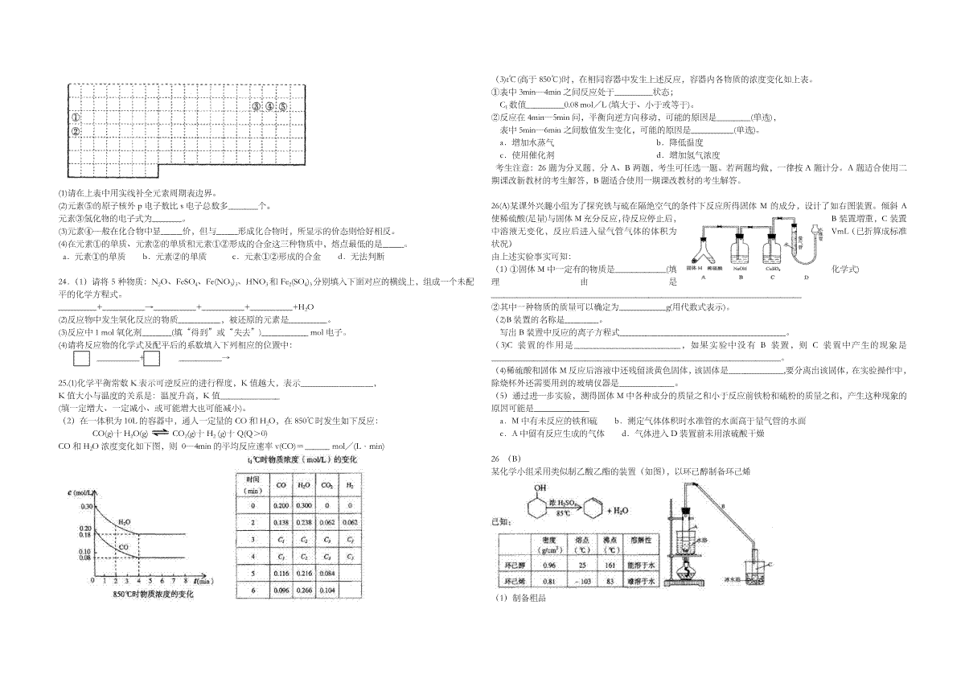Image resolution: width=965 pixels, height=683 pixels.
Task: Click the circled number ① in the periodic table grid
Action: tap(74, 117)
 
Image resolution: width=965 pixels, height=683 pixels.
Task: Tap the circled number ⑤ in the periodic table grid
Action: tap(283, 105)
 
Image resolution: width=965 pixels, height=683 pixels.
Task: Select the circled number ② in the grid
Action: tap(74, 131)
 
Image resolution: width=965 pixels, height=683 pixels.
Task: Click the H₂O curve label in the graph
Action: tap(125, 522)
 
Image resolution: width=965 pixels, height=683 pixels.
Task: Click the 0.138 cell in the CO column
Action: tap(281, 522)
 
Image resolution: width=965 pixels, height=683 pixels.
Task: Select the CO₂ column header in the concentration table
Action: tap(326, 486)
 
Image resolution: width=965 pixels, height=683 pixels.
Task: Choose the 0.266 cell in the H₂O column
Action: tap(304, 590)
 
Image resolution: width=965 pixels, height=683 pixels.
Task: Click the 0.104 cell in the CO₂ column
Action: tap(326, 590)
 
